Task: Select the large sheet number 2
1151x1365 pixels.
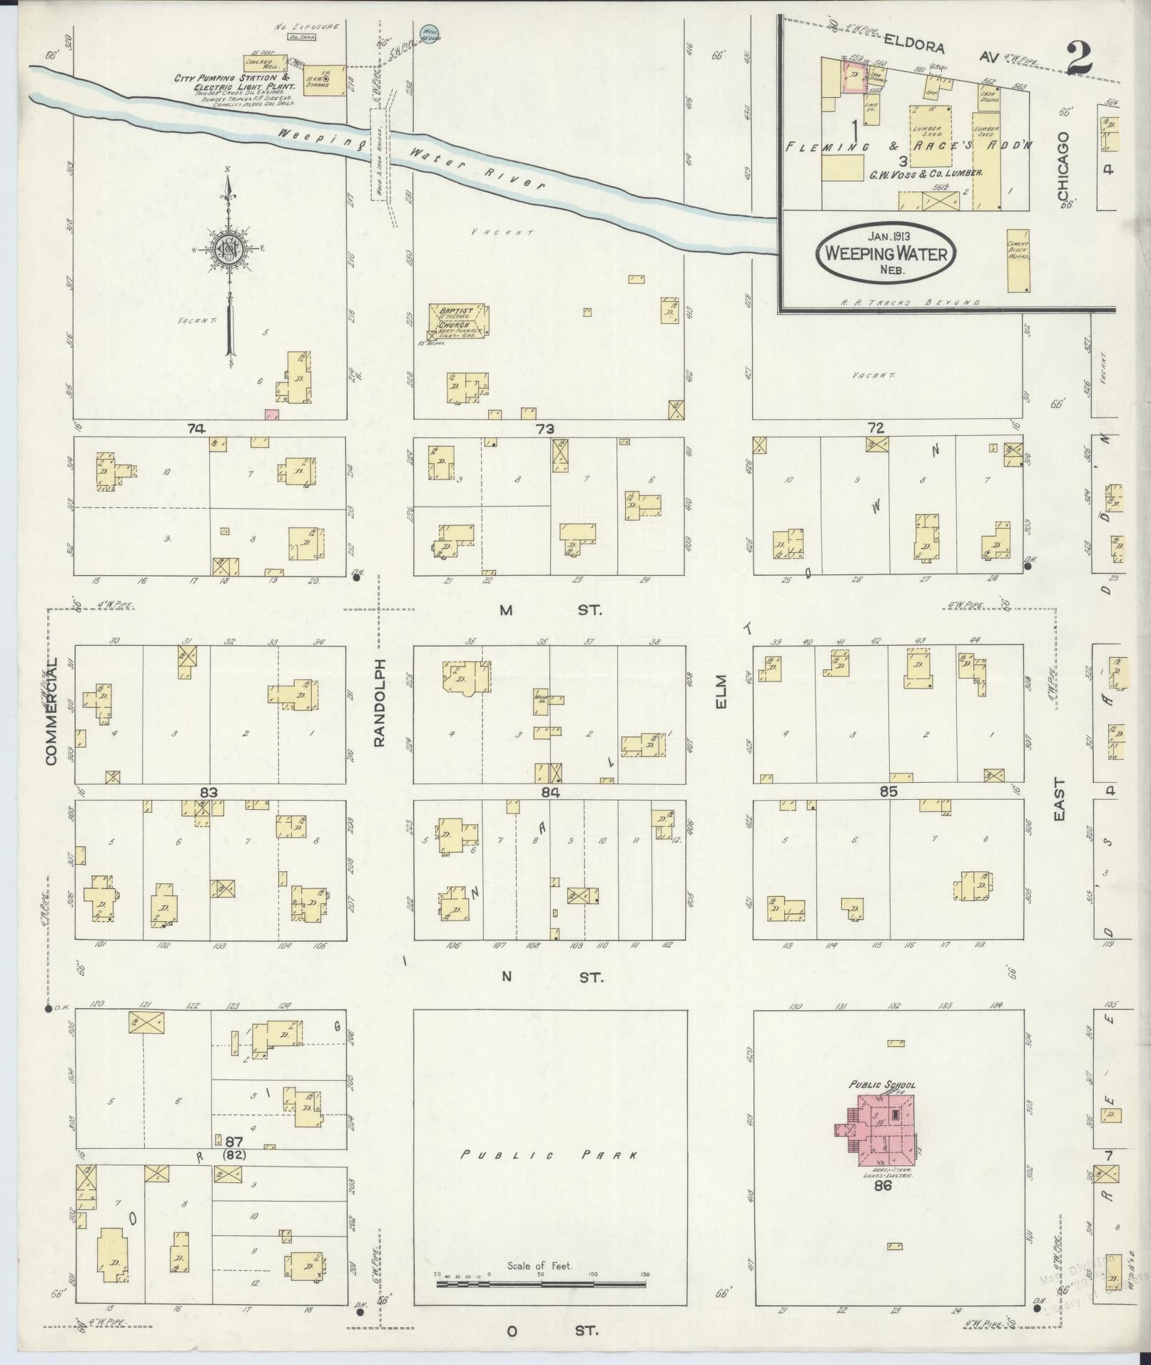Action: tap(1080, 57)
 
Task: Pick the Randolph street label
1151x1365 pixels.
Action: tap(380, 703)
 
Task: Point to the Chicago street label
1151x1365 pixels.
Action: tap(1065, 166)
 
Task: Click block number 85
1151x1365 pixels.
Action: tap(888, 791)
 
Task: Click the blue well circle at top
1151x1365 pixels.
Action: tap(428, 33)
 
